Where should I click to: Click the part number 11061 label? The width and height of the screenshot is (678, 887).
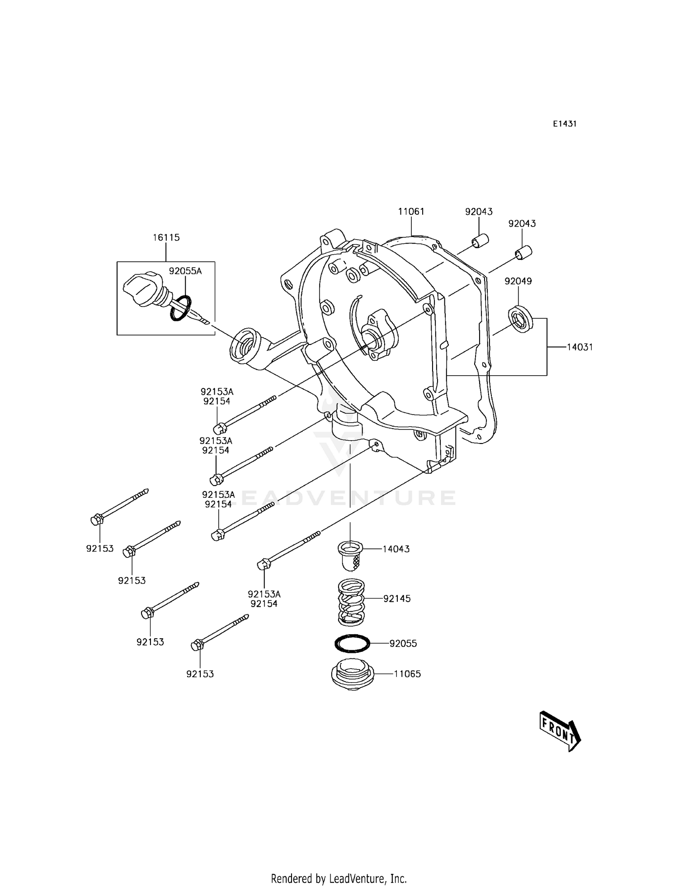(x=411, y=212)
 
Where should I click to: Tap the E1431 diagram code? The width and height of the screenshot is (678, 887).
(x=565, y=124)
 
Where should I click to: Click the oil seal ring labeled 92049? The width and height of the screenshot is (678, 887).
(x=521, y=320)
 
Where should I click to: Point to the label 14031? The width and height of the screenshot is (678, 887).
(x=580, y=347)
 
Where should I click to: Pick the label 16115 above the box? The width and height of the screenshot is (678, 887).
(x=166, y=237)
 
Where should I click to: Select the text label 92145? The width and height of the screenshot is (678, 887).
(x=397, y=599)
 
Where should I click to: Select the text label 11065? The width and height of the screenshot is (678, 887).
(x=407, y=674)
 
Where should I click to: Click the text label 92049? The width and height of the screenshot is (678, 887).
(x=518, y=281)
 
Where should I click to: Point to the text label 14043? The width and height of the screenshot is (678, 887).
(x=396, y=549)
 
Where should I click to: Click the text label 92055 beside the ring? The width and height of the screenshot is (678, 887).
(x=403, y=643)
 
